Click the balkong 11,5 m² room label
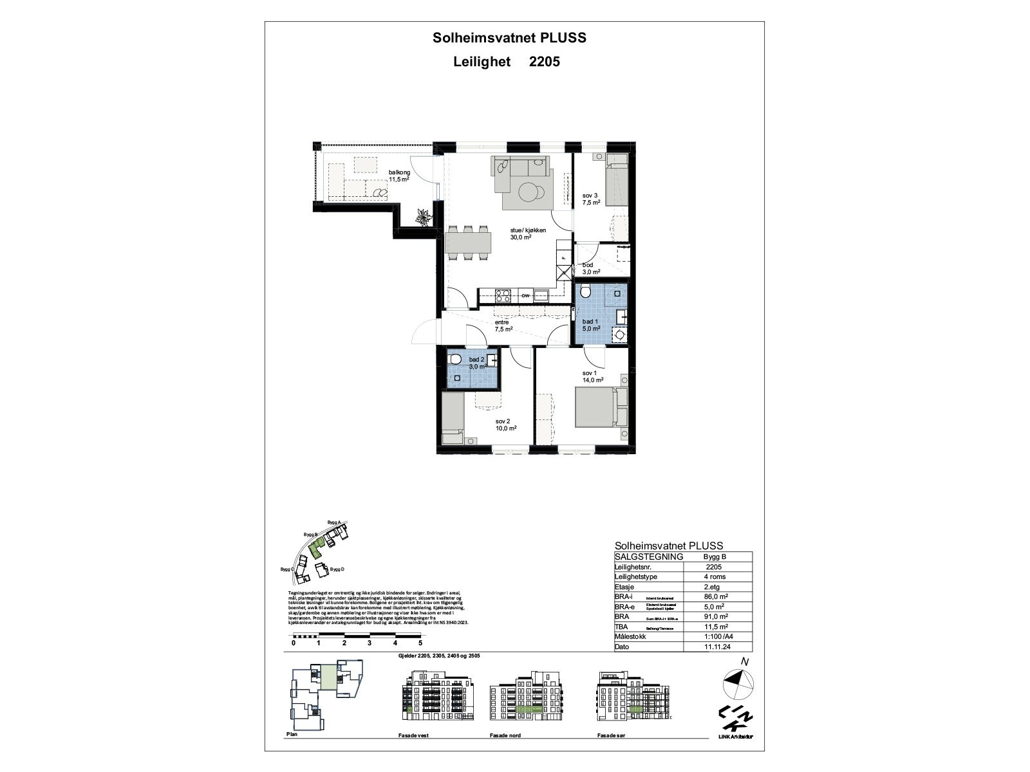[399, 176]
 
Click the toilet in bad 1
[585, 293]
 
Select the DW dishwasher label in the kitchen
[525, 296]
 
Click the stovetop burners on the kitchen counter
[502, 296]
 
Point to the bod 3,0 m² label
[588, 268]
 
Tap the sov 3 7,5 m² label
[591, 199]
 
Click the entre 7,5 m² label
[503, 326]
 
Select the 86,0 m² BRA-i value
[713, 597]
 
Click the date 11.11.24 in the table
[713, 647]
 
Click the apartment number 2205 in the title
[544, 62]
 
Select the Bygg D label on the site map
[337, 569]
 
